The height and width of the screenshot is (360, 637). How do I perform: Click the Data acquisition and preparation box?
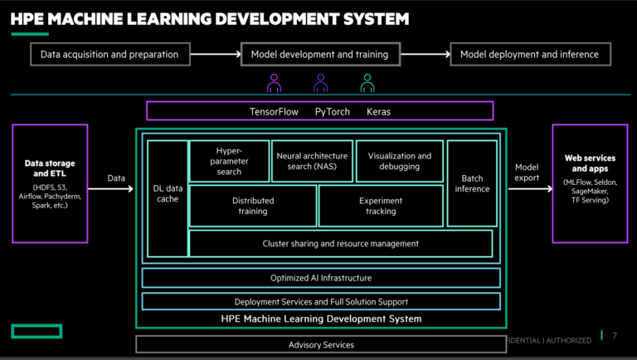pyautogui.click(x=109, y=55)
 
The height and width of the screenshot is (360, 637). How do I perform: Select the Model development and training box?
pyautogui.click(x=319, y=55)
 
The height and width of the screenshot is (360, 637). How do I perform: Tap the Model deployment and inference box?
pyautogui.click(x=530, y=55)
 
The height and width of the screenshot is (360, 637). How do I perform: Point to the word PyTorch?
pyautogui.click(x=332, y=111)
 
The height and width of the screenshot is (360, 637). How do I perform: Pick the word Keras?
pyautogui.click(x=378, y=111)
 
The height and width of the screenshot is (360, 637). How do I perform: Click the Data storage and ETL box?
pyautogui.click(x=50, y=183)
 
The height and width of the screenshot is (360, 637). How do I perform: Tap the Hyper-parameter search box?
pyautogui.click(x=229, y=161)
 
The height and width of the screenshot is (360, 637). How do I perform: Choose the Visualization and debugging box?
pyautogui.click(x=400, y=161)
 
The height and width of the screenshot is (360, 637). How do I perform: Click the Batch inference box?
pyautogui.click(x=472, y=182)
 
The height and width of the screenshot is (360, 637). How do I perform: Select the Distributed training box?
pyautogui.click(x=253, y=206)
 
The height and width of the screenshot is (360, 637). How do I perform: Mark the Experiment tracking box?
pyautogui.click(x=381, y=206)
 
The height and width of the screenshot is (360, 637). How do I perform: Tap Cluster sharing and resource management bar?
pyautogui.click(x=340, y=244)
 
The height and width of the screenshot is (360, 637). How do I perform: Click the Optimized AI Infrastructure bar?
pyautogui.click(x=321, y=278)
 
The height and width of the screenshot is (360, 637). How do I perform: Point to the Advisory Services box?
pyautogui.click(x=321, y=344)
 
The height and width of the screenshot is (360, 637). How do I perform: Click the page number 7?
pyautogui.click(x=614, y=337)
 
